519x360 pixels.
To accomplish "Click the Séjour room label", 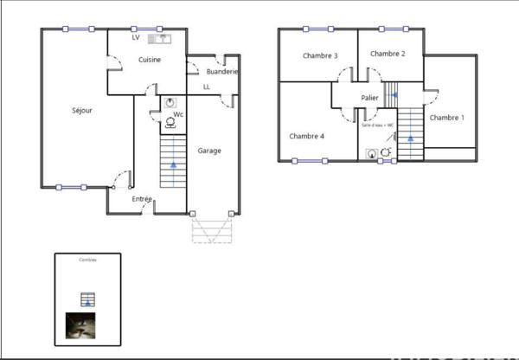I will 82,111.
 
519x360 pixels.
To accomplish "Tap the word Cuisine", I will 151,59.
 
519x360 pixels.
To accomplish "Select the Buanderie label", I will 222,72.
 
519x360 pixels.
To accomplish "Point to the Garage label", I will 209,151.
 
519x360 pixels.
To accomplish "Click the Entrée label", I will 142,199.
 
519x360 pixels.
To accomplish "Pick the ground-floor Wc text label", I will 178,114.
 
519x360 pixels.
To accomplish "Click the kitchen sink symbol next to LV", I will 160,38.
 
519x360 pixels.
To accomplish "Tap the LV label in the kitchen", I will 136,38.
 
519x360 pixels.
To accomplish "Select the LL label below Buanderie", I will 206,87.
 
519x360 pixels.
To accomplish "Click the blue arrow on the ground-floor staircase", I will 174,163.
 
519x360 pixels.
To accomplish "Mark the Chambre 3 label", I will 319,55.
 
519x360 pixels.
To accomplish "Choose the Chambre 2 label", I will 388,54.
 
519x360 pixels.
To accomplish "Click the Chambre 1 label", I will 446,118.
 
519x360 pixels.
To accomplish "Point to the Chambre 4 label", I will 306,136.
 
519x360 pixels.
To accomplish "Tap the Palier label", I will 369,99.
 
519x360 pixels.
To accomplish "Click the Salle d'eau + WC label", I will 377,125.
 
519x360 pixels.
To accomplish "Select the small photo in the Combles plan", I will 80,325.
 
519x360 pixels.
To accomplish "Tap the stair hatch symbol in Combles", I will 86,300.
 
